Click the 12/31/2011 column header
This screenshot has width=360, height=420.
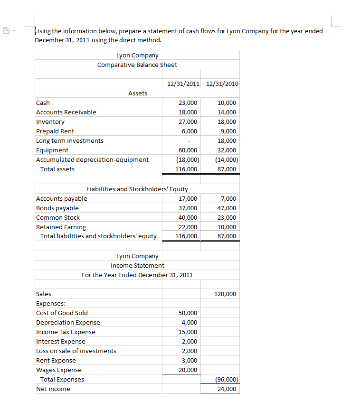point(183,84)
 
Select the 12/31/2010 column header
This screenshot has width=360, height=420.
point(221,84)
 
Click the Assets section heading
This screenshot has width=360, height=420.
point(137,93)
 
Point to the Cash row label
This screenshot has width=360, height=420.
point(43,103)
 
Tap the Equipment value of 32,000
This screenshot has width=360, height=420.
point(226,150)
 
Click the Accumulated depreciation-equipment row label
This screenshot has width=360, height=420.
point(92,160)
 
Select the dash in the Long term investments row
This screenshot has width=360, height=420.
point(189,141)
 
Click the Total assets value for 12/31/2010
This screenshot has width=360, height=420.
point(226,169)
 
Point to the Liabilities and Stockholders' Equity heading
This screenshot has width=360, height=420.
point(137,189)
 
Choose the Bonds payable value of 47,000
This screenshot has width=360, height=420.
point(226,208)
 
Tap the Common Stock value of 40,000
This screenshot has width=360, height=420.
point(188,218)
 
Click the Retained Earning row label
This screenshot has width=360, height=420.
point(61,227)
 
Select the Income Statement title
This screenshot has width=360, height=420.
point(137,266)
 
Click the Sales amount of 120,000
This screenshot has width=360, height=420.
point(225,294)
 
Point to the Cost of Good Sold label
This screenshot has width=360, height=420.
point(62,313)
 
